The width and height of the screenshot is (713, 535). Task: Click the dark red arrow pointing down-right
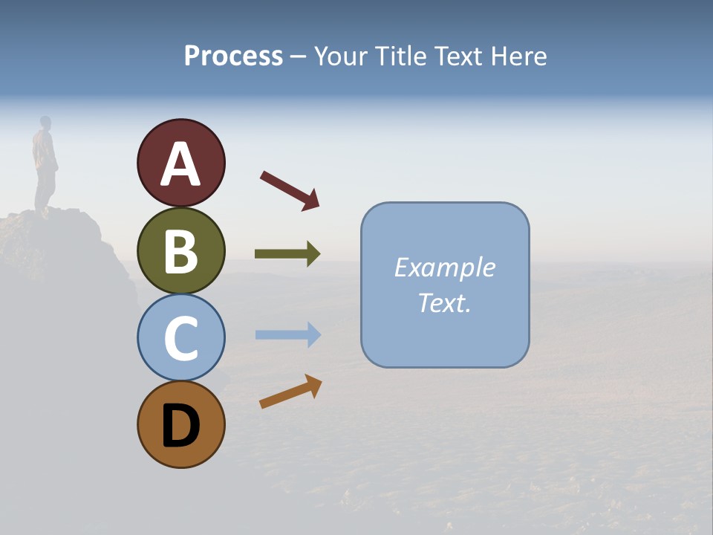(290, 190)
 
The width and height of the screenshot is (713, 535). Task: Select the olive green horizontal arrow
(287, 254)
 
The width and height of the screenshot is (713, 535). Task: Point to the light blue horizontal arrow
(287, 334)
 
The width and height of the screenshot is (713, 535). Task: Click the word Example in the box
(445, 267)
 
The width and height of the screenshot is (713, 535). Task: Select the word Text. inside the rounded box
(445, 302)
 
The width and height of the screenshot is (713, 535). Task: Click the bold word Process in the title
(233, 56)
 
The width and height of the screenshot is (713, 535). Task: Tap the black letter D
(180, 427)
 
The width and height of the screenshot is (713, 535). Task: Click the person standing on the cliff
(45, 163)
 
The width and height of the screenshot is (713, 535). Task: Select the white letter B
(180, 252)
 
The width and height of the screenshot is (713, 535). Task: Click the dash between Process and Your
(299, 57)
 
